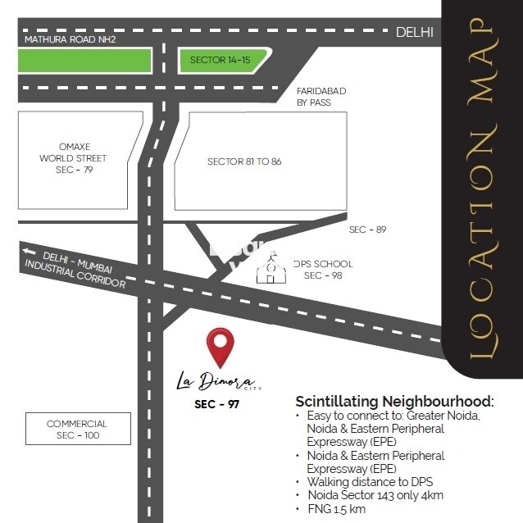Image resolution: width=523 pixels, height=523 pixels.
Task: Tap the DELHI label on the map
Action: (414, 32)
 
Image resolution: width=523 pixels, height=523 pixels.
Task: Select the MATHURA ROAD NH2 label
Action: (76, 39)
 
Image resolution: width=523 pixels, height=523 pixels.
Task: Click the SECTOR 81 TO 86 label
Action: (244, 161)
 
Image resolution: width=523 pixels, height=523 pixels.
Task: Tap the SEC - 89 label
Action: (367, 230)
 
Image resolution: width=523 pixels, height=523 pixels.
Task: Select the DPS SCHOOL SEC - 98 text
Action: (322, 270)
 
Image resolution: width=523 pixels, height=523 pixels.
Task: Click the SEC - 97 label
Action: (216, 404)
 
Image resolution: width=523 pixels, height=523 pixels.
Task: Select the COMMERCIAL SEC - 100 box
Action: (77, 429)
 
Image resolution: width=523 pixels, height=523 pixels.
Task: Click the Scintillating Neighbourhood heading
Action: (394, 402)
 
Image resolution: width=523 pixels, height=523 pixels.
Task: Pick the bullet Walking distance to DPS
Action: (370, 482)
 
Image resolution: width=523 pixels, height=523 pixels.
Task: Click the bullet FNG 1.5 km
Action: (335, 508)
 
